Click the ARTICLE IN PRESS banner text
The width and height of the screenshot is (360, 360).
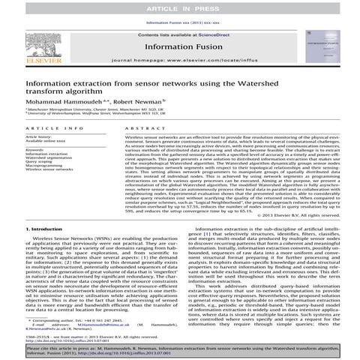[x=179, y=7]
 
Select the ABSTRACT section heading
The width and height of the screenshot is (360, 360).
[x=142, y=129]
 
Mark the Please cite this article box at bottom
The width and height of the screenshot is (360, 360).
[x=180, y=351]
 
